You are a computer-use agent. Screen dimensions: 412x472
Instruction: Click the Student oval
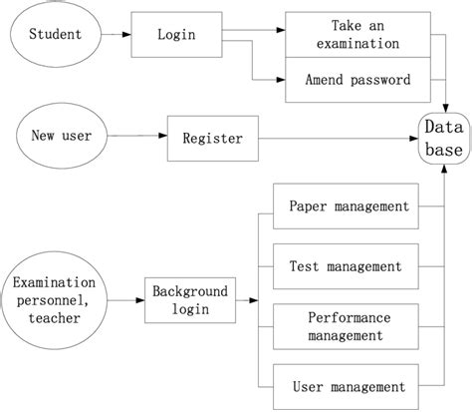pyautogui.click(x=57, y=36)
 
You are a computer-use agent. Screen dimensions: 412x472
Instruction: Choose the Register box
pyautogui.click(x=212, y=138)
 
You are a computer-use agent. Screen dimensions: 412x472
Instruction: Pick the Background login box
pyautogui.click(x=190, y=300)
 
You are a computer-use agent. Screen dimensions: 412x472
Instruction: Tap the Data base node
pyautogui.click(x=442, y=139)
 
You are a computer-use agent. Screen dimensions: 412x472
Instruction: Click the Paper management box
pyautogui.click(x=349, y=206)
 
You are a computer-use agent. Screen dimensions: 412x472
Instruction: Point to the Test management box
pyautogui.click(x=345, y=266)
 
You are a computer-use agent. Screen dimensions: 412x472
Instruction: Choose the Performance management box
pyautogui.click(x=349, y=325)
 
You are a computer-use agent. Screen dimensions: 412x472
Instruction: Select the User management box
pyautogui.click(x=349, y=386)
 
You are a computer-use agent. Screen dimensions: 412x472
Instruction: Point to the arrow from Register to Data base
pyautogui.click(x=339, y=138)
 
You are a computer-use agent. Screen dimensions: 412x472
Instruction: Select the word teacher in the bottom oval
pyautogui.click(x=57, y=318)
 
